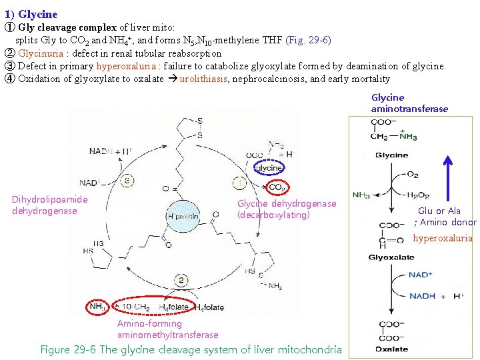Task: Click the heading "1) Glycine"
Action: [x=31, y=14]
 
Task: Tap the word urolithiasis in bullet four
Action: [x=203, y=79]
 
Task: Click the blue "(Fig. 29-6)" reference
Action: [x=307, y=40]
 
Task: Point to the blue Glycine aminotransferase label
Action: [x=409, y=103]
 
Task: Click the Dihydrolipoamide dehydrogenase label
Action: [x=49, y=205]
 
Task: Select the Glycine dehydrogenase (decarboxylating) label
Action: [x=287, y=209]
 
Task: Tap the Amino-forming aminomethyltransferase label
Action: [x=167, y=329]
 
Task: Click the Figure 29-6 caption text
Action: [x=191, y=349]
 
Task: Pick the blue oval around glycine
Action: [x=269, y=168]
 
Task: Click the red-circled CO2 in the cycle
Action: [x=276, y=188]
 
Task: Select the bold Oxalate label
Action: [x=392, y=349]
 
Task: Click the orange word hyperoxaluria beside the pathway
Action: [x=442, y=238]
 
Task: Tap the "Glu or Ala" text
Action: [x=439, y=211]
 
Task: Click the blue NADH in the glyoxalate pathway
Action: [x=422, y=296]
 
